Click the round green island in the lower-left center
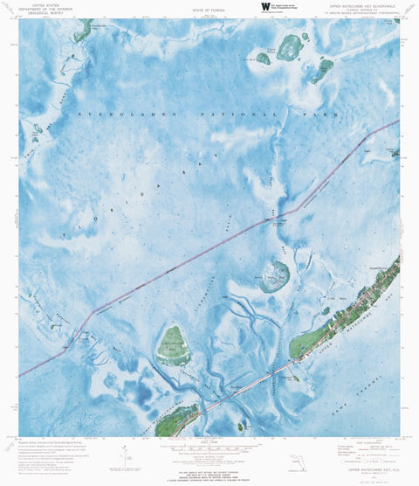tap(173, 345)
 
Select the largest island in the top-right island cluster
tap(290, 48)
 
